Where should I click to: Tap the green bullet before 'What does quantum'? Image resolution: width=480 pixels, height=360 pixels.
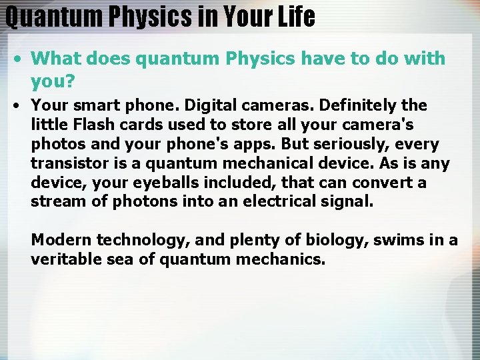(17, 59)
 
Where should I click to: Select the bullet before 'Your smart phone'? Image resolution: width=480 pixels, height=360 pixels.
(17, 105)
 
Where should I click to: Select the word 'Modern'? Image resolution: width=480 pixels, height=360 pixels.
(61, 240)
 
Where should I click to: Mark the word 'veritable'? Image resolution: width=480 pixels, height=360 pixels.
(66, 259)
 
